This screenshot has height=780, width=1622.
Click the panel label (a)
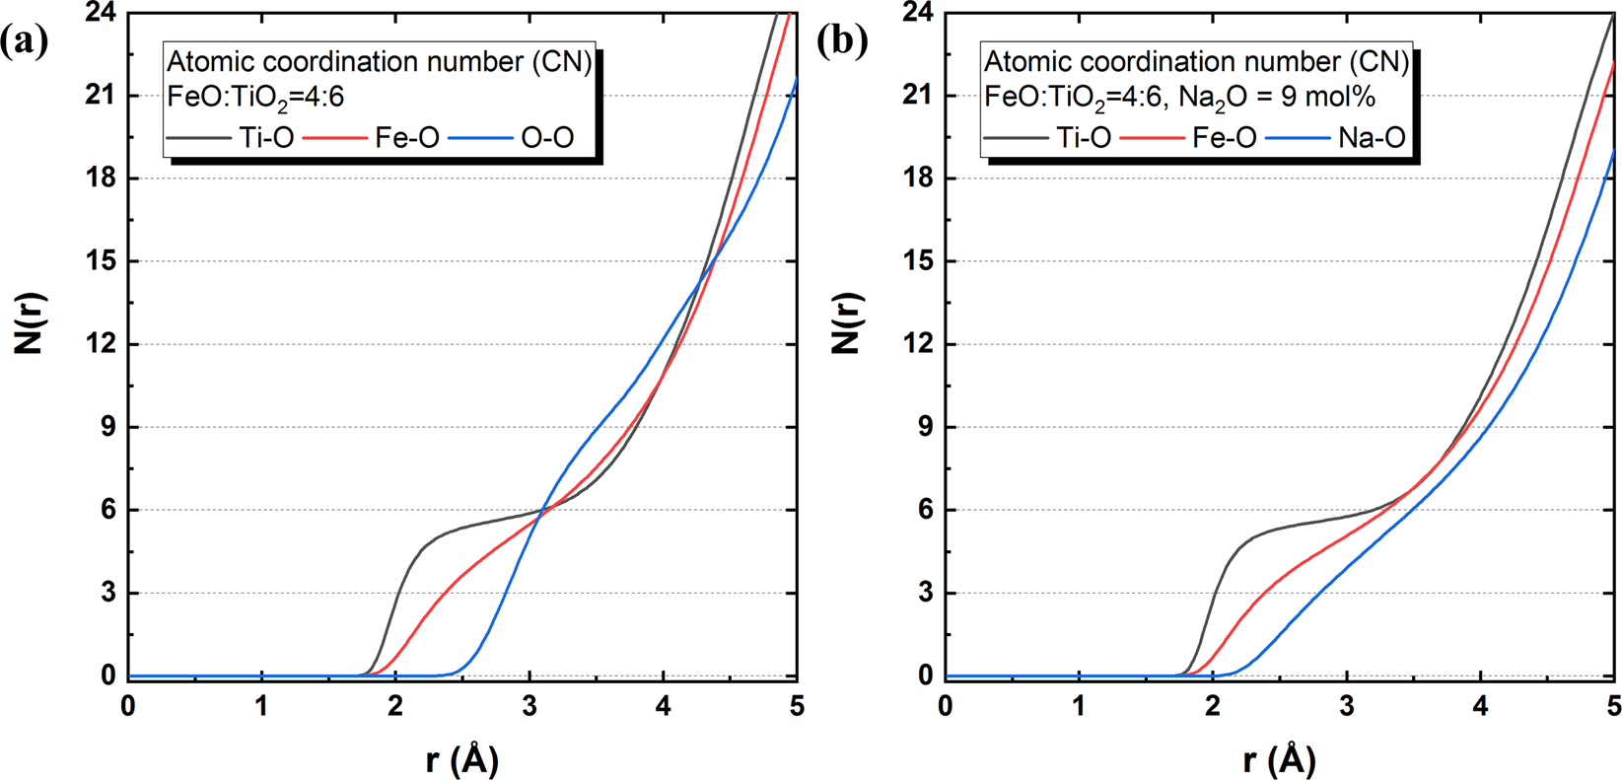[x=25, y=42]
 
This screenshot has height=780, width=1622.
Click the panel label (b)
[x=842, y=42]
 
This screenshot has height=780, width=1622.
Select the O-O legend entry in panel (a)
[x=546, y=138]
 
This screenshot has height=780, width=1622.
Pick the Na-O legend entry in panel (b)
[x=1371, y=138]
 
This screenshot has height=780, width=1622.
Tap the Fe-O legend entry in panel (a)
[x=406, y=138]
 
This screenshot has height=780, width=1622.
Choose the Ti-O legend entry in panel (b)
[x=1083, y=138]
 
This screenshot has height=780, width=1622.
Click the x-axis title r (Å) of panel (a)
[x=461, y=759]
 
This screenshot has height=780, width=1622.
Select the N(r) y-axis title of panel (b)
[x=846, y=323]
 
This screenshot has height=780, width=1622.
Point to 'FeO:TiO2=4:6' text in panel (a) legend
[x=255, y=97]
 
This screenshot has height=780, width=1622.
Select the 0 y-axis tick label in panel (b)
[x=925, y=676]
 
